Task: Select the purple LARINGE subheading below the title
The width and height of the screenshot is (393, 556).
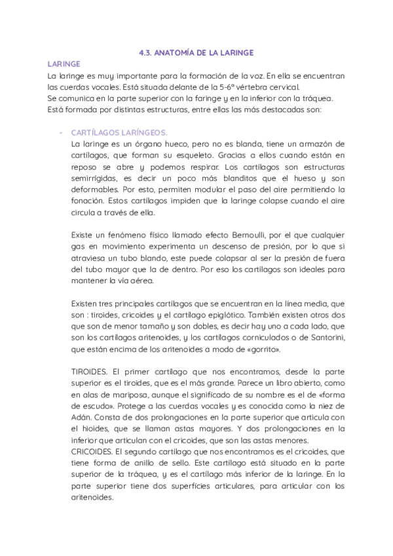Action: (x=64, y=64)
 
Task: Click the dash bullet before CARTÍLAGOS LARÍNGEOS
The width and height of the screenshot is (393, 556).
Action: (x=61, y=132)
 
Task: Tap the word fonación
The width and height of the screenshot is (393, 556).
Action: (x=89, y=201)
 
